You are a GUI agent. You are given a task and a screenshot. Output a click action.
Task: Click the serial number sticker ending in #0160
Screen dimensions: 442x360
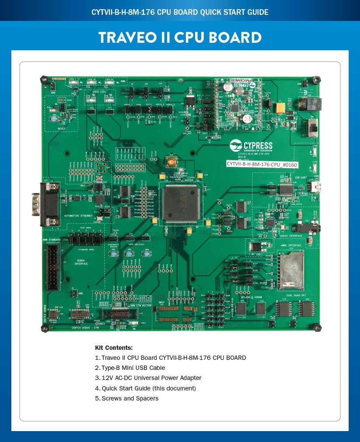click(256, 163)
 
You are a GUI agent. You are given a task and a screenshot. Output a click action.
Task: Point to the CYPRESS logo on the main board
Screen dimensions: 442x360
click(251, 145)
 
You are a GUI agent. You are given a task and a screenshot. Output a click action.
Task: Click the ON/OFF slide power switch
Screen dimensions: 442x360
click(312, 128)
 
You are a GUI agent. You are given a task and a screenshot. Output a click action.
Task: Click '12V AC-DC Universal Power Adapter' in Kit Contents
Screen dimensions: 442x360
click(148, 378)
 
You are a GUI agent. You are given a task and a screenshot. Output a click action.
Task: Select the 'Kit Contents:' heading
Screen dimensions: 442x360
click(113, 348)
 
